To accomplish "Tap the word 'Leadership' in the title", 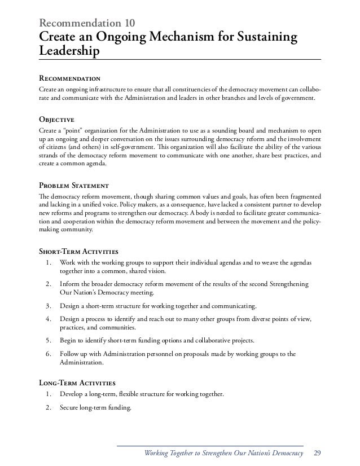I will point(68,52).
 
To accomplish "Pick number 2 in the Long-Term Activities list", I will point(49,405).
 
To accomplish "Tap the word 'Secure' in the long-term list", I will point(71,405).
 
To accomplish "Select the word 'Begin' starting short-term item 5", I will point(68,341).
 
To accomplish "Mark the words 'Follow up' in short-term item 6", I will point(76,354).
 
